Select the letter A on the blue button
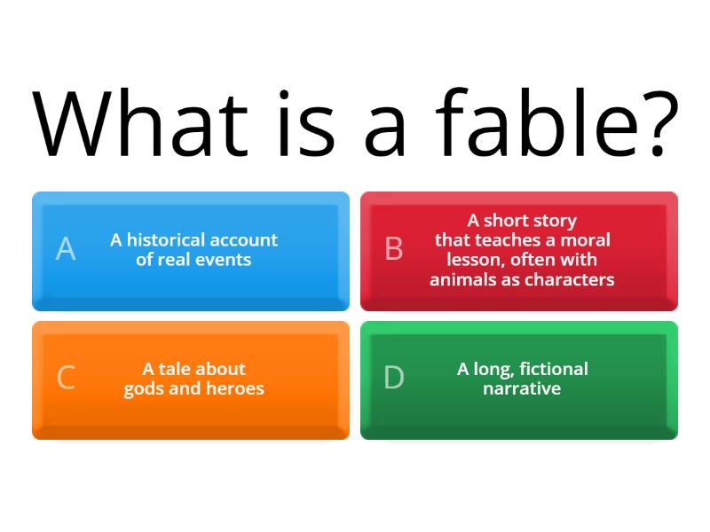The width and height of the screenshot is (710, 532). [x=66, y=249]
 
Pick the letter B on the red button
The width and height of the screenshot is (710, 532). [x=394, y=249]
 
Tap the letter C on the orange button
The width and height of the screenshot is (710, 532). [x=66, y=378]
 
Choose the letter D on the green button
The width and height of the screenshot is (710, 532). [x=394, y=378]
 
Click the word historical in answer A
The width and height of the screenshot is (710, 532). [x=166, y=239]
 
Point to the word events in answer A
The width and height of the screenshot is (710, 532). [x=224, y=260]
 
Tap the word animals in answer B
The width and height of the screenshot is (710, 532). [x=461, y=279]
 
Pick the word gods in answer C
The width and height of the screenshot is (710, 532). [x=145, y=388]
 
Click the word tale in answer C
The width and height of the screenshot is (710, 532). [x=176, y=369]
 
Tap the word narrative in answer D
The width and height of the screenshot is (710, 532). [x=522, y=388]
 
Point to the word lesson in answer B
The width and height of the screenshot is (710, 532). [x=474, y=260]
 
